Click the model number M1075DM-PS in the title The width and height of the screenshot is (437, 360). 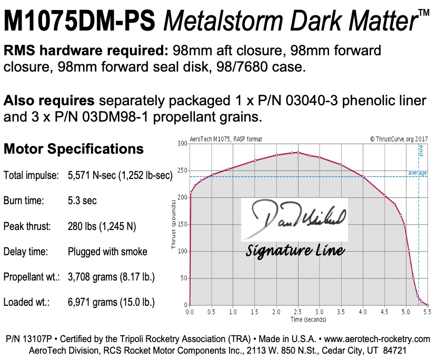pyautogui.click(x=81, y=22)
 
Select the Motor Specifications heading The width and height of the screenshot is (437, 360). pyautogui.click(x=74, y=149)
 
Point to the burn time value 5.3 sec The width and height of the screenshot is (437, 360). pyautogui.click(x=82, y=201)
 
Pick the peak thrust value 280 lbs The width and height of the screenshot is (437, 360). pyautogui.click(x=102, y=226)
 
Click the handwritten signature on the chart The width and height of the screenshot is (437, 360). pyautogui.click(x=295, y=217)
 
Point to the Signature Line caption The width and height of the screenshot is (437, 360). pyautogui.click(x=295, y=249)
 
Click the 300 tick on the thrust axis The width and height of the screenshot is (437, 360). pyautogui.click(x=183, y=144)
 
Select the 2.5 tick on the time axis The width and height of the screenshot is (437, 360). pyautogui.click(x=297, y=312)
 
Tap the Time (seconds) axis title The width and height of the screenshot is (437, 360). pyautogui.click(x=309, y=319)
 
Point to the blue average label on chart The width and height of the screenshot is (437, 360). pyautogui.click(x=418, y=173)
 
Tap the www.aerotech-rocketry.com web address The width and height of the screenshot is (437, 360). pyautogui.click(x=378, y=339)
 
